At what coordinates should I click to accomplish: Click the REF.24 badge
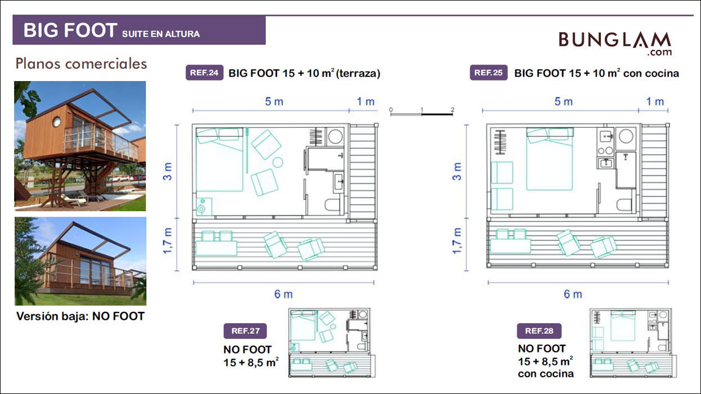click(x=204, y=73)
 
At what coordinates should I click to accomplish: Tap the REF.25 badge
click(x=489, y=73)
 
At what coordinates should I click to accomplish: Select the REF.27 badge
click(x=245, y=331)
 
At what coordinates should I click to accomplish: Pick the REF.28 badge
click(x=539, y=331)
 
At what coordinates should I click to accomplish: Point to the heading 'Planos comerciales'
click(x=81, y=64)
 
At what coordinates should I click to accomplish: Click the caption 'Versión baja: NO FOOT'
click(x=81, y=316)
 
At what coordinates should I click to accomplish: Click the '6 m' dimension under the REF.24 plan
click(x=284, y=294)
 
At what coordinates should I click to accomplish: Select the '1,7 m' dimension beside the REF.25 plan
click(x=457, y=241)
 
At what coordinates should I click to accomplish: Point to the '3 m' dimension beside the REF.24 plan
click(x=168, y=172)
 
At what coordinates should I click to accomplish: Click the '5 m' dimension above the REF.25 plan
click(x=564, y=101)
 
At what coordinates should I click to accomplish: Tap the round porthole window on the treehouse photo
click(x=57, y=122)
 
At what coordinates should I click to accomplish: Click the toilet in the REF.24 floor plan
click(x=333, y=205)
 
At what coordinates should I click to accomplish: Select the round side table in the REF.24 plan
click(x=278, y=163)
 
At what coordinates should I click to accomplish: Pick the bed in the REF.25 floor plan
click(x=550, y=159)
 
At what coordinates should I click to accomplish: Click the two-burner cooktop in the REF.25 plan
click(x=605, y=151)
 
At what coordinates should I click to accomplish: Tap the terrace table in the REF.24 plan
click(x=216, y=248)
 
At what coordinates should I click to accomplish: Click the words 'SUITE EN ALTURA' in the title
click(x=161, y=34)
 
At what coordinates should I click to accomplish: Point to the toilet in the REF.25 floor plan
click(x=624, y=205)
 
